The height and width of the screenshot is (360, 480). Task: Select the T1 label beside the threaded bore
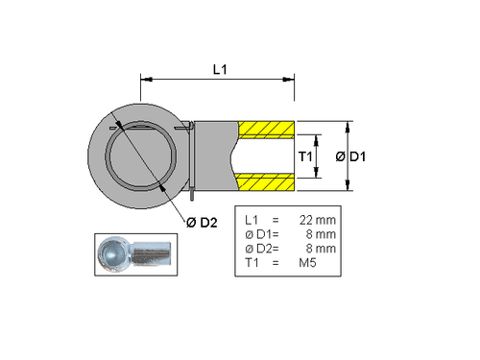(305, 156)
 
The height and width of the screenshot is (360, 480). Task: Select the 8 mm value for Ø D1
(322, 233)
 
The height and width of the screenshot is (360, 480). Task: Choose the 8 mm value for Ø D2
(322, 248)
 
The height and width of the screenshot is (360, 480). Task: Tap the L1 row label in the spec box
(252, 219)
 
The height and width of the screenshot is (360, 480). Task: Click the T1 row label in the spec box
(252, 262)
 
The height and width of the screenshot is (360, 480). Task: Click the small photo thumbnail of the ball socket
(135, 254)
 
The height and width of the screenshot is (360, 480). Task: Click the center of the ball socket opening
(141, 155)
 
